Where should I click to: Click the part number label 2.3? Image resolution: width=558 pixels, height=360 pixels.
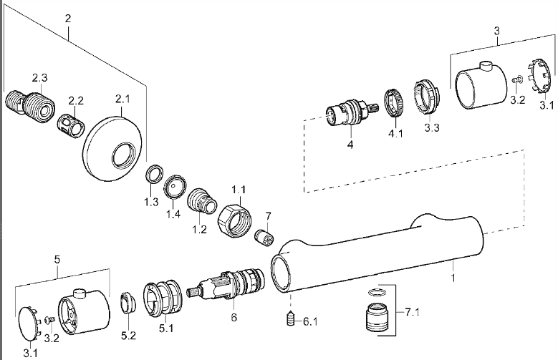[x=39, y=77]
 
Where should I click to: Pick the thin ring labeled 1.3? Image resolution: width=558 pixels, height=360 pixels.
[x=152, y=175]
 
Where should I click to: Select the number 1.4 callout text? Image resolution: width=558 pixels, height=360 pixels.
[x=173, y=214]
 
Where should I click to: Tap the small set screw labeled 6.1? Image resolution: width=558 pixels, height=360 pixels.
[x=291, y=317]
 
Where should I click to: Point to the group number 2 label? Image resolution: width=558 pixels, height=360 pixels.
[x=67, y=17]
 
